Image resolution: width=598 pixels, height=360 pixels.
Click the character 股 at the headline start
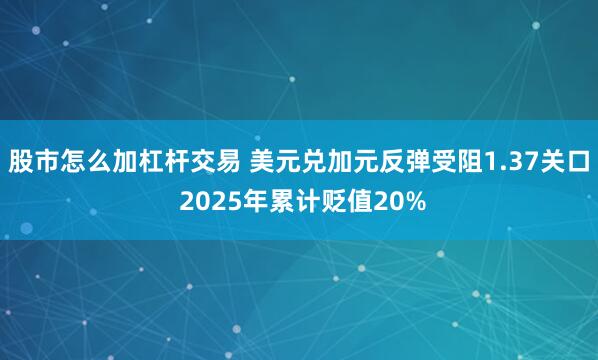pyautogui.click(x=20, y=160)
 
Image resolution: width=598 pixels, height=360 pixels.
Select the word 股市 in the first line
pyautogui.click(x=33, y=160)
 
